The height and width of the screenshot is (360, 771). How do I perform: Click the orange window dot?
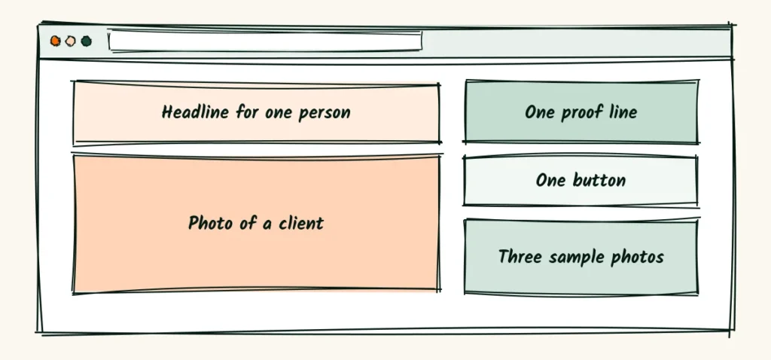[56, 41]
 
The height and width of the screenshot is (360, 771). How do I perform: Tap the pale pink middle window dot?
[71, 41]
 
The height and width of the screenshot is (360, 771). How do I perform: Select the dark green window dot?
[87, 41]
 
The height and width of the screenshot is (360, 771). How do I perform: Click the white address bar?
[265, 41]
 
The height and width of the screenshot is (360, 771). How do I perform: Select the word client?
[301, 223]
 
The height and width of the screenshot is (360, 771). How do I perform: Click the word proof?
[582, 112]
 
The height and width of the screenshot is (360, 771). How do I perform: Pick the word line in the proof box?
[623, 111]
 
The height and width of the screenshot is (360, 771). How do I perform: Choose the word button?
[599, 179]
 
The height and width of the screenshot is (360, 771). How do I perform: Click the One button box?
[581, 181]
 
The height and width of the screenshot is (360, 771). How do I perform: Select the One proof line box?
[581, 111]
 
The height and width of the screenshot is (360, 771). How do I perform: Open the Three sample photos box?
[581, 258]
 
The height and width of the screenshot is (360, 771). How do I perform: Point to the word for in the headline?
[247, 111]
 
